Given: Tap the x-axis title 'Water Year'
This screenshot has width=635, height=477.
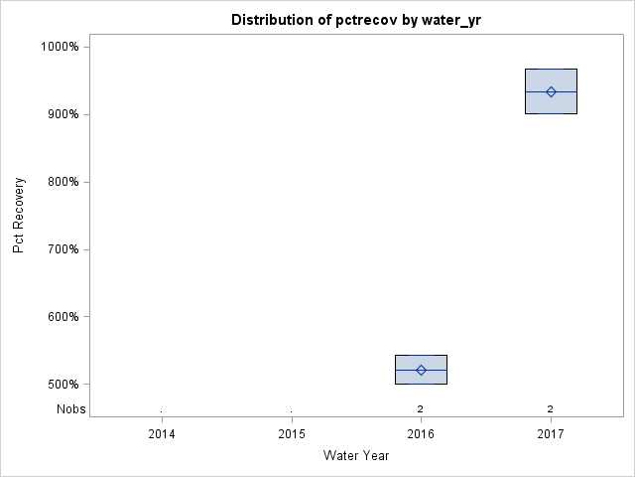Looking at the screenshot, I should (x=356, y=455).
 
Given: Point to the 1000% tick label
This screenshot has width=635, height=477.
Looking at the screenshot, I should (x=65, y=47).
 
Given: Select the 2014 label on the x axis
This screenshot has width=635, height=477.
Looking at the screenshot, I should (x=162, y=434).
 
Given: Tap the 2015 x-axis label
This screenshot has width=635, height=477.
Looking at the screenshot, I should (x=291, y=434).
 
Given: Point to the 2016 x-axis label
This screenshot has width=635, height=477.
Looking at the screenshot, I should (x=421, y=434).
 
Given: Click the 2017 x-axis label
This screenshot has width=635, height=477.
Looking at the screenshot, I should (x=551, y=434).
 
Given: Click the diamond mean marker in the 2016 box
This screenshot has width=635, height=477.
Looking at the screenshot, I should (x=421, y=370).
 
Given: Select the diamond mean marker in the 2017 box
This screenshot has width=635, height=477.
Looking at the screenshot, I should (x=551, y=91).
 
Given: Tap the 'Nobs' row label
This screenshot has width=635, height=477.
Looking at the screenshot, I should (x=71, y=409).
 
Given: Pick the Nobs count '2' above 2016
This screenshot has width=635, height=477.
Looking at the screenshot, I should (x=421, y=409).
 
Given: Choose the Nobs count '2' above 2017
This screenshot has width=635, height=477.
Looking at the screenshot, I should (x=551, y=409).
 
